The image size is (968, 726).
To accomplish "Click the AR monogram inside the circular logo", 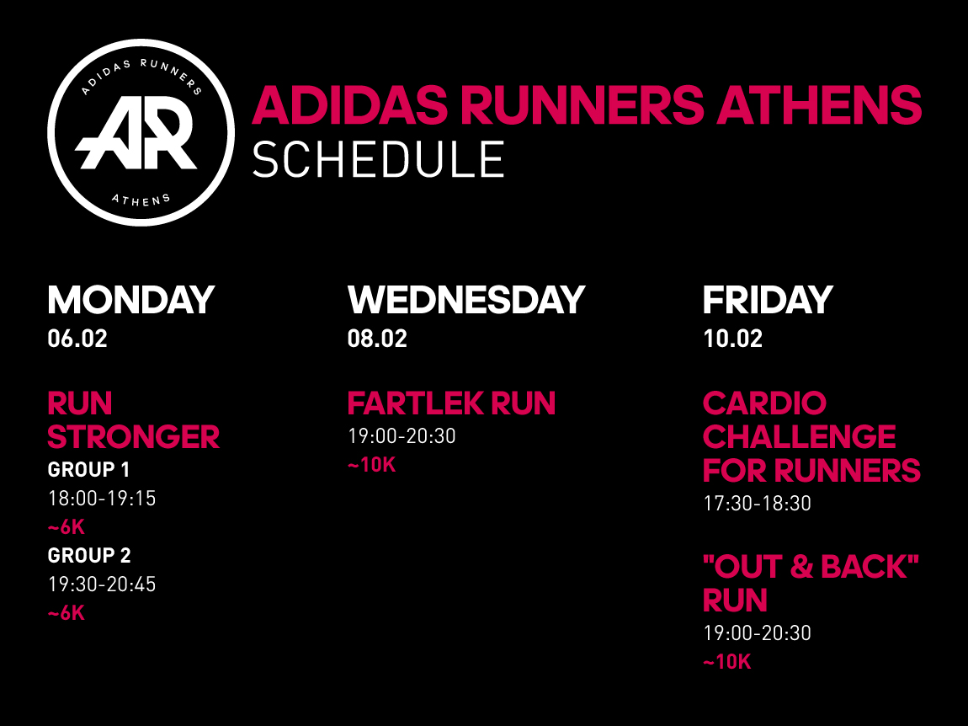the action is pyautogui.click(x=136, y=133).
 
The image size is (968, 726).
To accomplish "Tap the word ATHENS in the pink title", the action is pyautogui.click(x=819, y=105).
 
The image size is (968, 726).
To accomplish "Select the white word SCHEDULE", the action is pyautogui.click(x=378, y=159).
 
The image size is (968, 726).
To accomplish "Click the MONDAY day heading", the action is pyautogui.click(x=130, y=300).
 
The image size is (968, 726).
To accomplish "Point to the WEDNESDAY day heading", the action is pyautogui.click(x=466, y=300).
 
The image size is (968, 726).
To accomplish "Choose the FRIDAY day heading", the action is pyautogui.click(x=768, y=300).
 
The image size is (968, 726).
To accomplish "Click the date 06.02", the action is pyautogui.click(x=77, y=339).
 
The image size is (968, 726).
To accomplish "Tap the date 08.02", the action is pyautogui.click(x=377, y=339).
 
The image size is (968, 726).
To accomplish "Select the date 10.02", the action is pyautogui.click(x=733, y=339).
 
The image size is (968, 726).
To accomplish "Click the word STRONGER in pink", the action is pyautogui.click(x=133, y=437).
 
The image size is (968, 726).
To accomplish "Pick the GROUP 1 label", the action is pyautogui.click(x=88, y=470).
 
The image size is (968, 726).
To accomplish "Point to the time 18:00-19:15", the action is pyautogui.click(x=102, y=499).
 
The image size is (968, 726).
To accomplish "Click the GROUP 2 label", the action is pyautogui.click(x=89, y=556).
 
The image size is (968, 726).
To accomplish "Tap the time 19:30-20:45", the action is pyautogui.click(x=102, y=585).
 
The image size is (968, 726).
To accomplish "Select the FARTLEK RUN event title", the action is pyautogui.click(x=451, y=403).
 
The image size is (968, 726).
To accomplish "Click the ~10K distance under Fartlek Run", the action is pyautogui.click(x=372, y=465).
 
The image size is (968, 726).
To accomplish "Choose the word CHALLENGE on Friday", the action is pyautogui.click(x=799, y=437).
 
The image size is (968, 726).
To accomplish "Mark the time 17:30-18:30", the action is pyautogui.click(x=757, y=504).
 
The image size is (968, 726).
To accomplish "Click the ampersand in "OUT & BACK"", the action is pyautogui.click(x=801, y=567).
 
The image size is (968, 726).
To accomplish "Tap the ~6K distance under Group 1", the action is pyautogui.click(x=66, y=527).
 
